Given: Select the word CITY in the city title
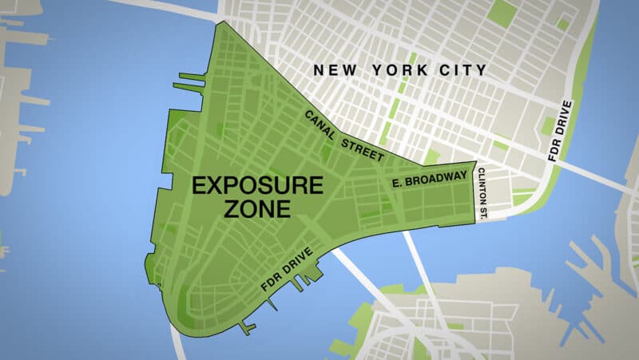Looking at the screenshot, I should (x=462, y=70).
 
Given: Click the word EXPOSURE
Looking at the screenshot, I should (x=257, y=186).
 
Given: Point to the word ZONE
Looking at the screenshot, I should (x=257, y=210).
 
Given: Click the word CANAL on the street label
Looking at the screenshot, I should (x=320, y=124).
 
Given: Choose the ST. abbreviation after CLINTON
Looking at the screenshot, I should (x=482, y=210).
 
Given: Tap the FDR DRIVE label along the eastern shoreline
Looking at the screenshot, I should (x=561, y=131).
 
